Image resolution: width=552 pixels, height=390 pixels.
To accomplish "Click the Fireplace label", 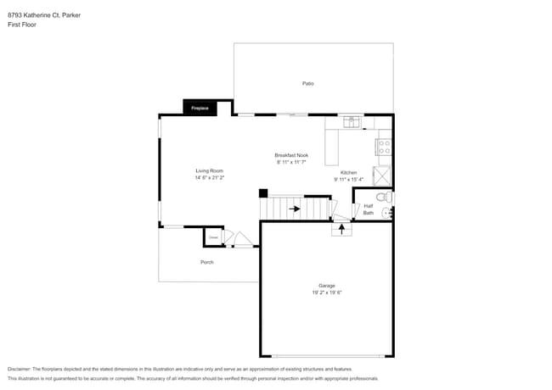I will pos(200,109).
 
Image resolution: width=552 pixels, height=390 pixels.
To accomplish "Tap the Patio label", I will pos(308,83).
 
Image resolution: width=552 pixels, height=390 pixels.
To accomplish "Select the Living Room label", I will pos(209,171).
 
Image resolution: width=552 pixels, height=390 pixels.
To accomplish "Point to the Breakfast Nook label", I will pos(290,155).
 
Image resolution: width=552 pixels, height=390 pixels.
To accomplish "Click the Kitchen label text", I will pos(348,172).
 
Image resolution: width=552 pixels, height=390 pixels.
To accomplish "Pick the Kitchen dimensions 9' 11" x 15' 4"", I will pos(348,180).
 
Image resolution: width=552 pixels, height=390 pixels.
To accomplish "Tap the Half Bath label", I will pos(369,209).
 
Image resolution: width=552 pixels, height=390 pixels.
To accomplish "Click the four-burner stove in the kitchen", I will pos(384,148).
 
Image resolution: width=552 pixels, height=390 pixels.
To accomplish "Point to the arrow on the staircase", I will pos(293,207).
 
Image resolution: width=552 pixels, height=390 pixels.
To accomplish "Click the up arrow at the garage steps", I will pos(341,229).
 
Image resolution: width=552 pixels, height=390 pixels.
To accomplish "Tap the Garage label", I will pos(326,286).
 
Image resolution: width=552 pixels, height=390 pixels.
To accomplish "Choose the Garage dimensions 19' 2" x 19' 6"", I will pos(326,293).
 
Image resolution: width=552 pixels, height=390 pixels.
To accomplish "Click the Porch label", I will pos(206,262).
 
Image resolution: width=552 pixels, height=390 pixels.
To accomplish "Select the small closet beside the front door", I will pos(214,237).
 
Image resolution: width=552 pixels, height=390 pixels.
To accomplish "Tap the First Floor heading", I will pos(22,25).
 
